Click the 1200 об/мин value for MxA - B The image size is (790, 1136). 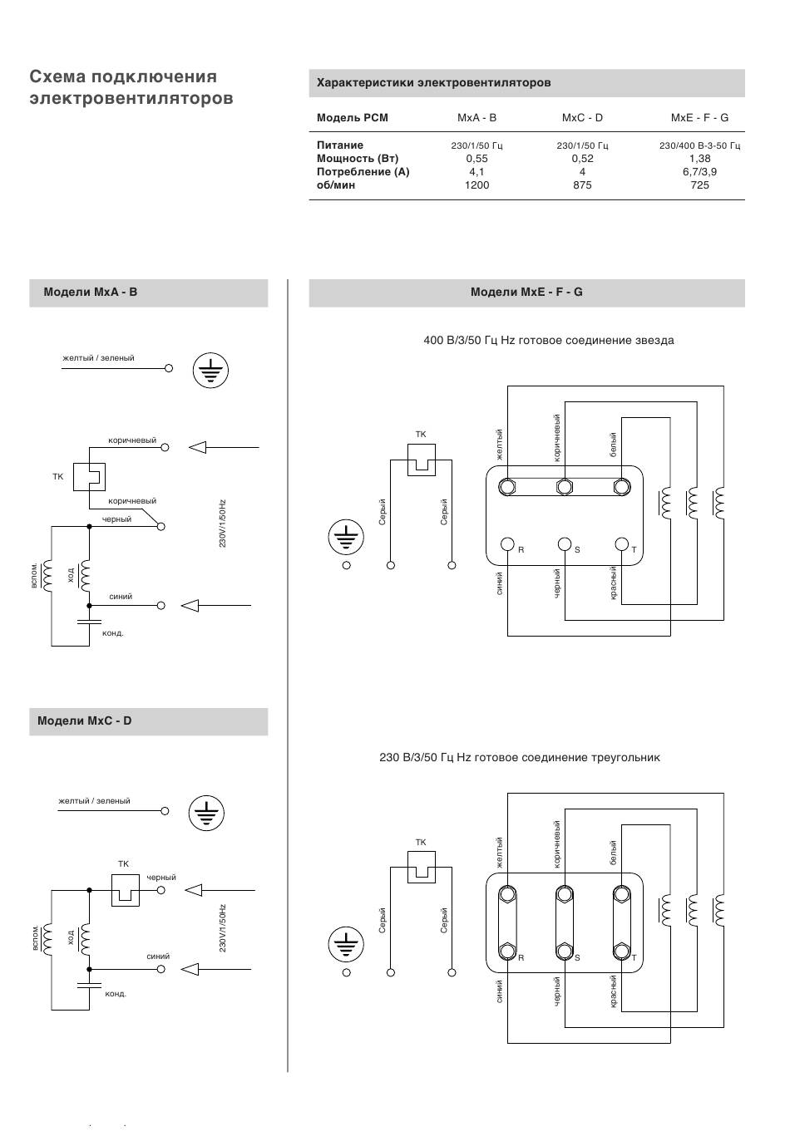pos(476,185)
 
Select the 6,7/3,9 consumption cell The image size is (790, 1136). pos(699,172)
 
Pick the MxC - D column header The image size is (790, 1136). pos(582,118)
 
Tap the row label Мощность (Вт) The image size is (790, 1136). pos(358,159)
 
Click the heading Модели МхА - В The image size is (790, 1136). pos(91,293)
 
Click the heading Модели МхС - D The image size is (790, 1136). pos(84,720)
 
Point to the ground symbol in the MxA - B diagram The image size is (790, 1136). pos(210,371)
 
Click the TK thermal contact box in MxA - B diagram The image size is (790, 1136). pos(89,477)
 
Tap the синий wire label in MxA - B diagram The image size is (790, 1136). pos(121,597)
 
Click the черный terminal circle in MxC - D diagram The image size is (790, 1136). pos(160,890)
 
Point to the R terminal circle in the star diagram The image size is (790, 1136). pos(507,544)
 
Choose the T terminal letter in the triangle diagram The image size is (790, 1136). pos(634,958)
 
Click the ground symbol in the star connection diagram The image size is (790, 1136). pos(346,537)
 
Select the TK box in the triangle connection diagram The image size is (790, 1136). pos(421,867)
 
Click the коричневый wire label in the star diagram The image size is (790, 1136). pos(556,438)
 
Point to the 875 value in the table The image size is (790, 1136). pos(582,185)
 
